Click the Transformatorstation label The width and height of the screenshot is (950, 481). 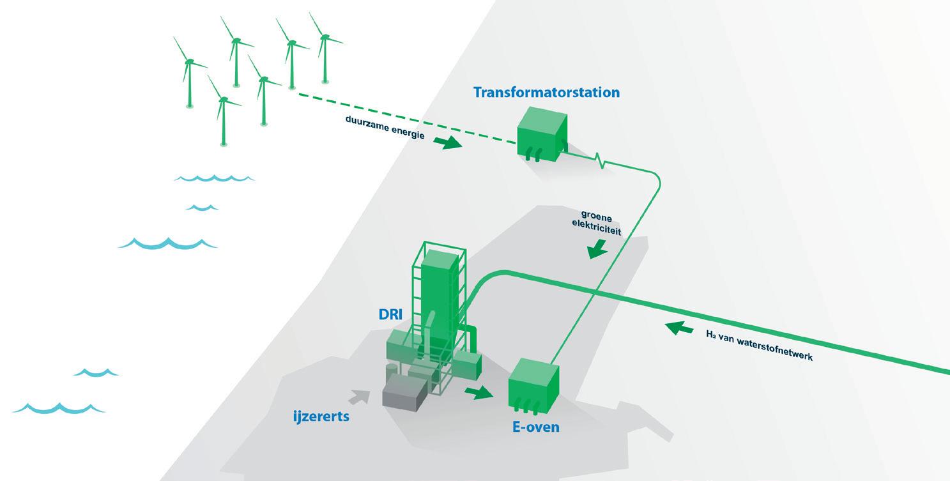pyautogui.click(x=546, y=92)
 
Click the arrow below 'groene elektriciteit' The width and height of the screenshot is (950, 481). pyautogui.click(x=597, y=249)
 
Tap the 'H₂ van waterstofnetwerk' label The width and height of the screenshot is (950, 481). pyautogui.click(x=759, y=346)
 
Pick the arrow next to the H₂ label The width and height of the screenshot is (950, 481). pyautogui.click(x=678, y=328)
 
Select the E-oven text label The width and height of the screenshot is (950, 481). pyautogui.click(x=535, y=427)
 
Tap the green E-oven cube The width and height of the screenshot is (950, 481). pyautogui.click(x=533, y=383)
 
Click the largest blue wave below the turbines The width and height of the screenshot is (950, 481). pyautogui.click(x=168, y=243)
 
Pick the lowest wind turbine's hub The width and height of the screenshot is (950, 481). pyautogui.click(x=223, y=100)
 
